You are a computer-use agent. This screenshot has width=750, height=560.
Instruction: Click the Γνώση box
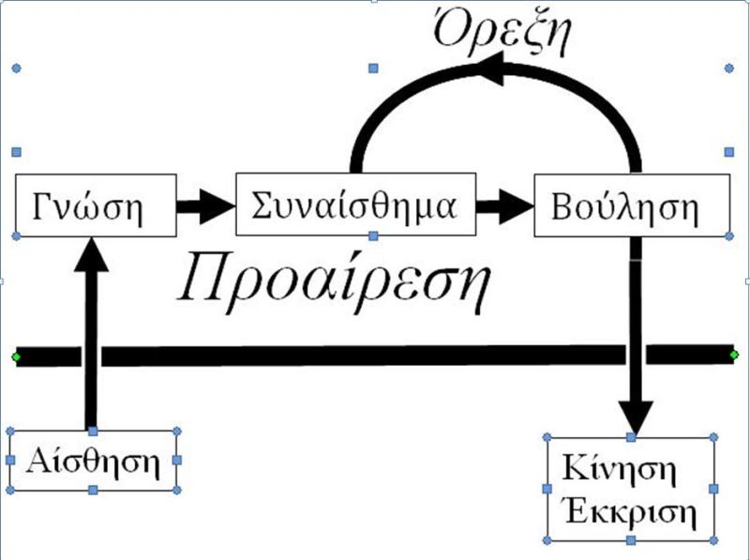coord(94,205)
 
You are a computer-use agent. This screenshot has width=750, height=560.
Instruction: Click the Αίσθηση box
coord(92,461)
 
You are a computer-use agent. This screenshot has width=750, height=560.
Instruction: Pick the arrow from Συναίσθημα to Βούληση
coord(502,204)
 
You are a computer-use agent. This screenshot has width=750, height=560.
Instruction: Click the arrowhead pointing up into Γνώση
coord(91,253)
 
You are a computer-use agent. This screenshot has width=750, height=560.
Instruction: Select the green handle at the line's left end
coord(15,356)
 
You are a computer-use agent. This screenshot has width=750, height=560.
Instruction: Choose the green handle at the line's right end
coord(734,355)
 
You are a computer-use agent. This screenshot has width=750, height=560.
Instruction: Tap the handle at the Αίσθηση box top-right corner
coord(177,431)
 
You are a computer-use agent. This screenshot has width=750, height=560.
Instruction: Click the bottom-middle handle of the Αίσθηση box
coord(92,491)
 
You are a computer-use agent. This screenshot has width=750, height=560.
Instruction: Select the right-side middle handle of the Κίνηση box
coord(714,489)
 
